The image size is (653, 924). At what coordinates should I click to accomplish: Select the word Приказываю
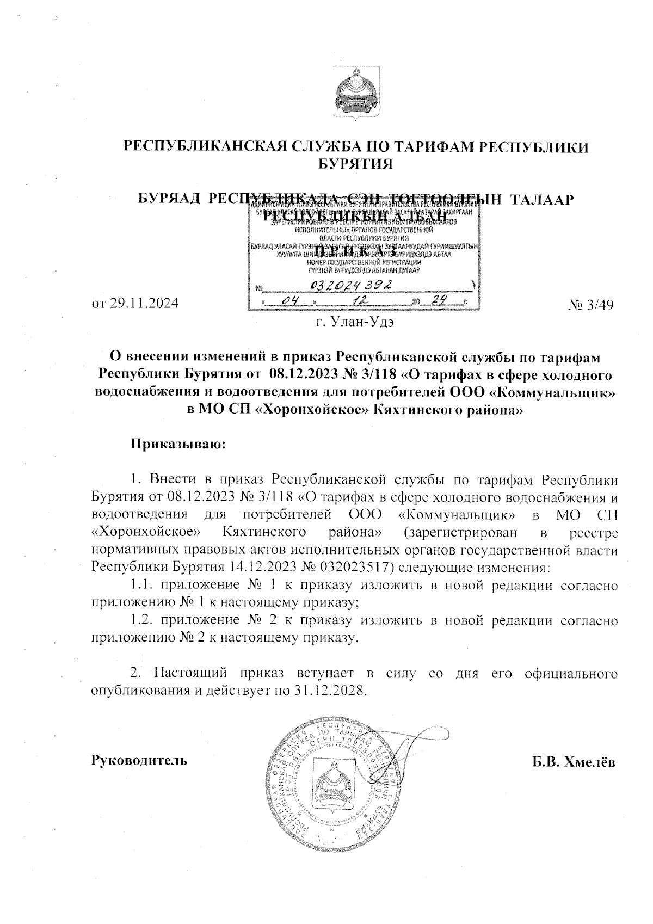177,444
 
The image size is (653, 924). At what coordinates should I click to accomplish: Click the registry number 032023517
354,568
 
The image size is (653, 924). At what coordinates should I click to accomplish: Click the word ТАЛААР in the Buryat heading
541,200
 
